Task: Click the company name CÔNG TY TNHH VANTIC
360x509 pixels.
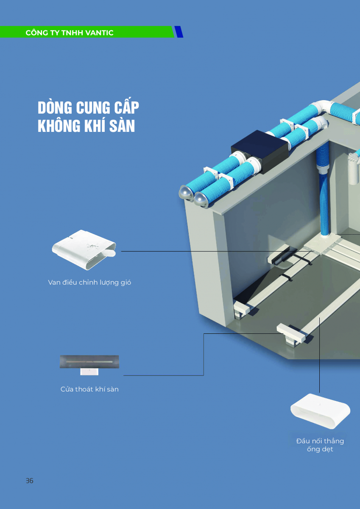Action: click(70, 33)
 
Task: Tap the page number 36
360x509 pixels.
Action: click(29, 481)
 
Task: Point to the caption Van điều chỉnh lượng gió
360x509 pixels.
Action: click(89, 282)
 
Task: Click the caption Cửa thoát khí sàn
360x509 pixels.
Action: click(89, 389)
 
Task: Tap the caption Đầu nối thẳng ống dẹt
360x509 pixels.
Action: click(320, 445)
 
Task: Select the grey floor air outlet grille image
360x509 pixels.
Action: click(89, 361)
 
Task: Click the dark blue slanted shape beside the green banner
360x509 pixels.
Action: click(179, 32)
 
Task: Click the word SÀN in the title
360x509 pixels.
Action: click(123, 126)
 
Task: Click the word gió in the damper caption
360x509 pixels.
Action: click(123, 282)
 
